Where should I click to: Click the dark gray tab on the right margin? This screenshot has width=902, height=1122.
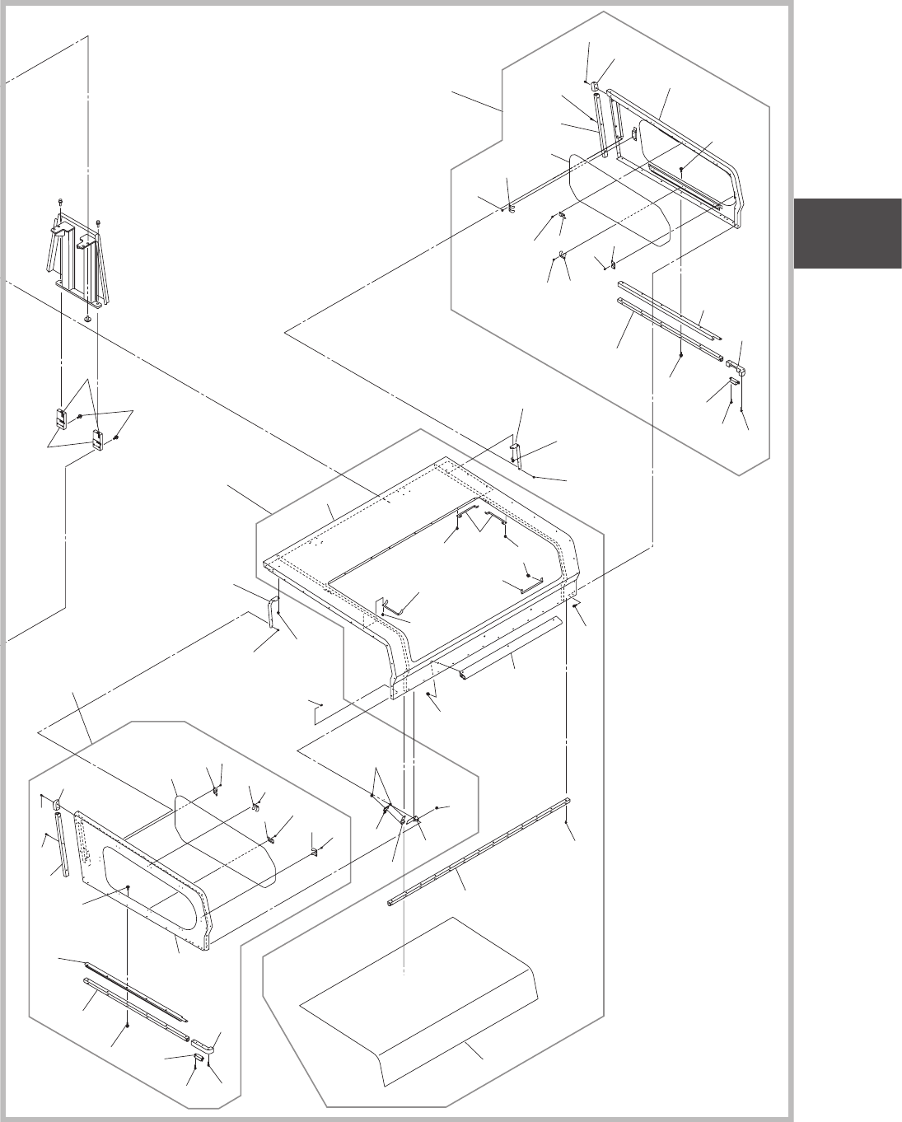click(848, 233)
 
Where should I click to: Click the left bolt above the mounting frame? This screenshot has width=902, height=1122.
click(61, 203)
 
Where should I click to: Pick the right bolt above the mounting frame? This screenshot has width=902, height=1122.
click(98, 222)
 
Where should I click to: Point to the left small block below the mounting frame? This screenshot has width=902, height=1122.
click(61, 418)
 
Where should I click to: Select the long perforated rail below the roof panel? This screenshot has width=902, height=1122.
click(478, 853)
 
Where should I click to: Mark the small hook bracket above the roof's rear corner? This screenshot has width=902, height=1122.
click(515, 449)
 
